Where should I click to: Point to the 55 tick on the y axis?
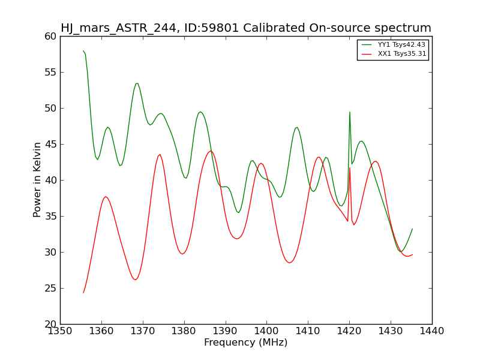(x=51, y=72)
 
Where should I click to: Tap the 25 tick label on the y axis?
(x=51, y=289)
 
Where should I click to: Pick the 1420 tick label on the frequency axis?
(x=349, y=331)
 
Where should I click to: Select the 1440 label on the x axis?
(x=432, y=331)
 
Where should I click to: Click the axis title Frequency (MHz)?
(x=246, y=342)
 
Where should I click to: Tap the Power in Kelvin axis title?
(x=37, y=180)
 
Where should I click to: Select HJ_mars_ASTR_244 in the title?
(x=118, y=28)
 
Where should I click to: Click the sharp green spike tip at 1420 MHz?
(x=350, y=112)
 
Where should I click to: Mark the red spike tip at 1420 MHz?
(x=350, y=168)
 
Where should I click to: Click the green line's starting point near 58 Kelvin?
(x=83, y=51)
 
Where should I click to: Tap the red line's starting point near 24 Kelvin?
(x=83, y=293)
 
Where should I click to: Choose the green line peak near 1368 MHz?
(x=137, y=83)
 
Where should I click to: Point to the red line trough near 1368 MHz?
(x=135, y=280)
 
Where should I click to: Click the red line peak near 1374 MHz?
(x=160, y=155)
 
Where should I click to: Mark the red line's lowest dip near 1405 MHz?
(x=289, y=263)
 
